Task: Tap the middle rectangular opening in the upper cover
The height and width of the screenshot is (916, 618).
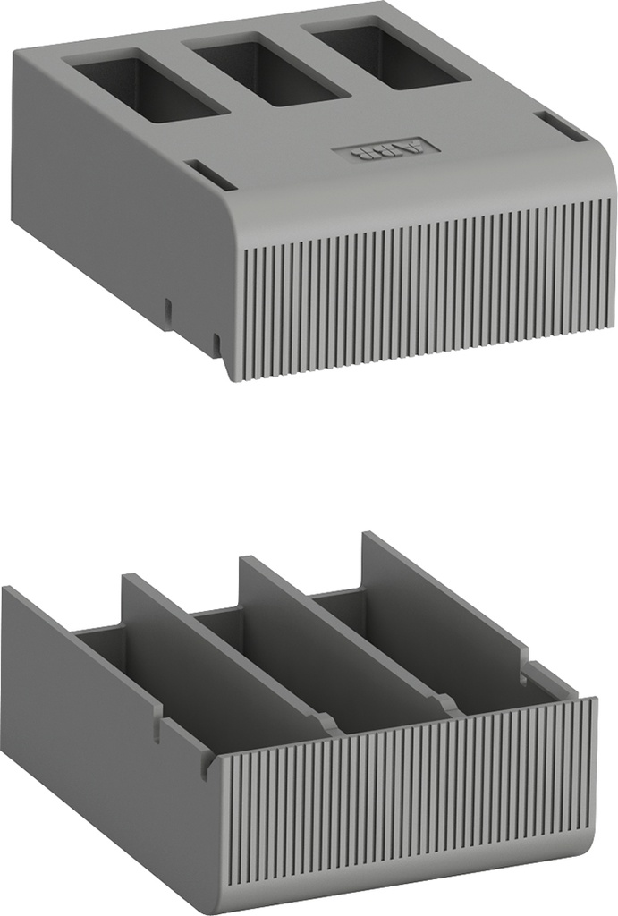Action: click(267, 71)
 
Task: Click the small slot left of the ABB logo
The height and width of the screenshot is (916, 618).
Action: click(209, 174)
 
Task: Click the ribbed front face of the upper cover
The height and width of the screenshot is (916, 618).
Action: click(420, 286)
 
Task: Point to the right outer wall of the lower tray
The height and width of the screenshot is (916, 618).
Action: click(447, 595)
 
